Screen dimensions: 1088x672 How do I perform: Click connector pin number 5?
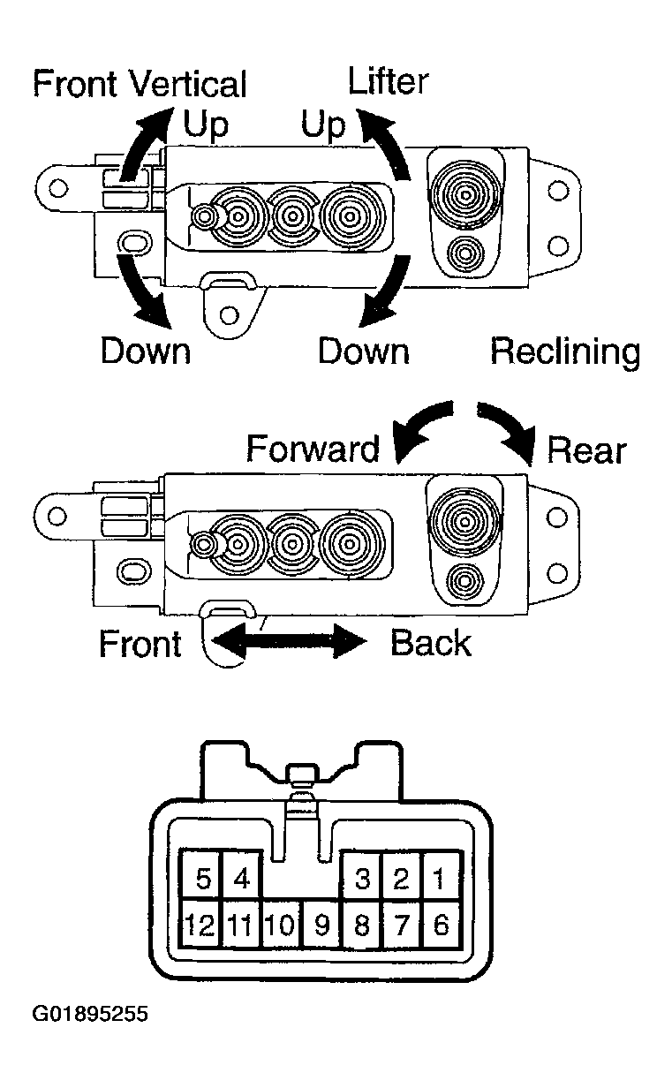[x=203, y=879]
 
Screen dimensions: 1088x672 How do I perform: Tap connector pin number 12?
[x=201, y=925]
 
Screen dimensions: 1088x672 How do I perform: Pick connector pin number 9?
[x=321, y=925]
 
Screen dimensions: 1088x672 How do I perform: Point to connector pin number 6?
[x=442, y=925]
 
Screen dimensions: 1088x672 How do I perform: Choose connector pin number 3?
[x=362, y=879]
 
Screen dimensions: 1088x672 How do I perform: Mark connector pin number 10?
[x=280, y=925]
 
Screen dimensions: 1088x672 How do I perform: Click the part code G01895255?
[x=90, y=1014]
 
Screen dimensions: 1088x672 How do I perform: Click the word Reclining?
[x=565, y=352]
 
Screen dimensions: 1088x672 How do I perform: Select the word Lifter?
[x=389, y=81]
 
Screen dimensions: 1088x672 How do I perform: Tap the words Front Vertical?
[x=140, y=85]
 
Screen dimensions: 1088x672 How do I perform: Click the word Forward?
[x=313, y=449]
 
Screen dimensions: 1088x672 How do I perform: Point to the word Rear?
[x=586, y=450]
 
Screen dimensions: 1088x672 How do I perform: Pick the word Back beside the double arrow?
[x=430, y=643]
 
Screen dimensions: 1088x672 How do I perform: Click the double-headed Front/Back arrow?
[x=290, y=642]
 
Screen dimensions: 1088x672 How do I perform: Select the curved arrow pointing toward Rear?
[x=510, y=429]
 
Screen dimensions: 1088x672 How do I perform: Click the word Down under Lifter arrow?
[x=364, y=351]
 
